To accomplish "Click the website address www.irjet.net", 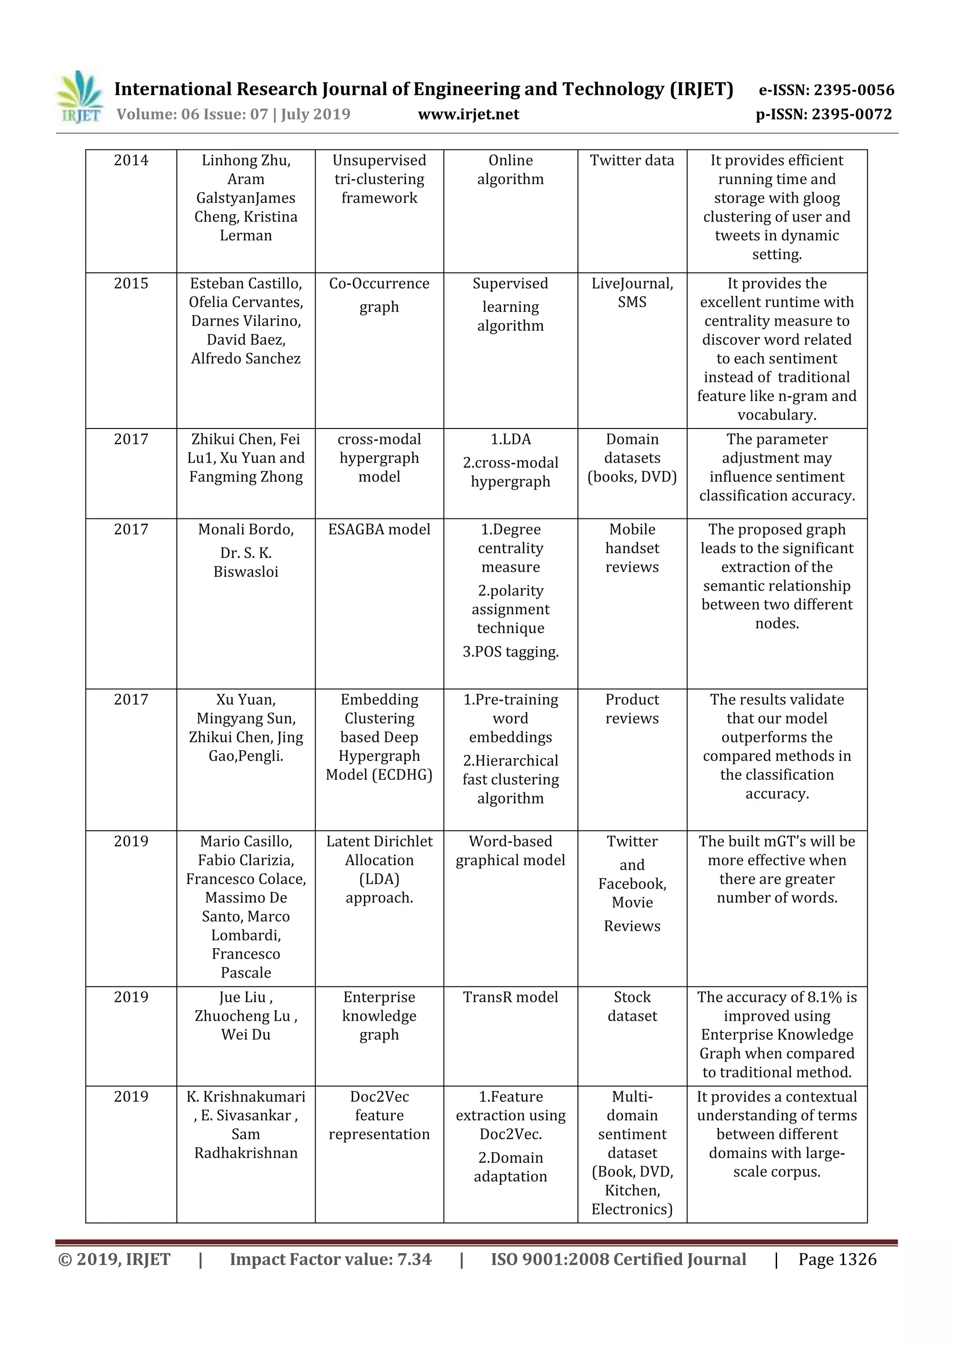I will tap(468, 114).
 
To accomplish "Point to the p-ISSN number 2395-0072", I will tap(852, 114).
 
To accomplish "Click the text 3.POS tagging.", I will tap(510, 652).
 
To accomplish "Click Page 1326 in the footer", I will tap(837, 1259).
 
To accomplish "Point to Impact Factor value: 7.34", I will tap(330, 1259).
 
